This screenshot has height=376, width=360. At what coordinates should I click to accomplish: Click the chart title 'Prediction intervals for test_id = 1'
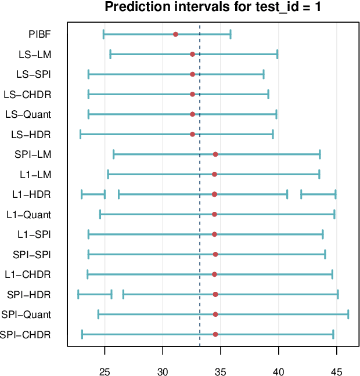pyautogui.click(x=213, y=8)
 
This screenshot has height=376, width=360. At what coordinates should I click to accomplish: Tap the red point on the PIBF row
pyautogui.click(x=175, y=34)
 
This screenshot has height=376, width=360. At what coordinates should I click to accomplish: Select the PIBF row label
pyautogui.click(x=39, y=34)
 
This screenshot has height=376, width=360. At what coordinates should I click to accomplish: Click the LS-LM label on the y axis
pyautogui.click(x=34, y=55)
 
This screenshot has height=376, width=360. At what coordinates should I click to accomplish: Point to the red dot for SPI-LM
pyautogui.click(x=215, y=154)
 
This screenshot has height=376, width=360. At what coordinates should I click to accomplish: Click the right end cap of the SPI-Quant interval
pyautogui.click(x=348, y=314)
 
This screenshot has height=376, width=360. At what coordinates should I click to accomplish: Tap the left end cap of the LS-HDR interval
pyautogui.click(x=80, y=135)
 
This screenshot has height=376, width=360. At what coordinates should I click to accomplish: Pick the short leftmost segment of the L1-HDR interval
pyautogui.click(x=93, y=194)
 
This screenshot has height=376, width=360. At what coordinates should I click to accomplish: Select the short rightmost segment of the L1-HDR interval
pyautogui.click(x=318, y=194)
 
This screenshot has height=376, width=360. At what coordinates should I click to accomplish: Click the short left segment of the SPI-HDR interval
pyautogui.click(x=95, y=295)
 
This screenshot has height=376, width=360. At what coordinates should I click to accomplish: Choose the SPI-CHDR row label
pyautogui.click(x=26, y=335)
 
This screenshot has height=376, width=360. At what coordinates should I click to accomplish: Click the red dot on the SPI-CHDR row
pyautogui.click(x=215, y=335)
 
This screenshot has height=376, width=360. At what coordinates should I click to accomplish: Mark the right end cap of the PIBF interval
pyautogui.click(x=231, y=34)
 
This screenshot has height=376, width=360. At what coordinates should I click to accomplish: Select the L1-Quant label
pyautogui.click(x=29, y=215)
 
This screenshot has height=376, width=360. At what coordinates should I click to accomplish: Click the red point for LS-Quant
pyautogui.click(x=192, y=114)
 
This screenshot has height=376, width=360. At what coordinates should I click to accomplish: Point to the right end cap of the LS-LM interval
pyautogui.click(x=278, y=55)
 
